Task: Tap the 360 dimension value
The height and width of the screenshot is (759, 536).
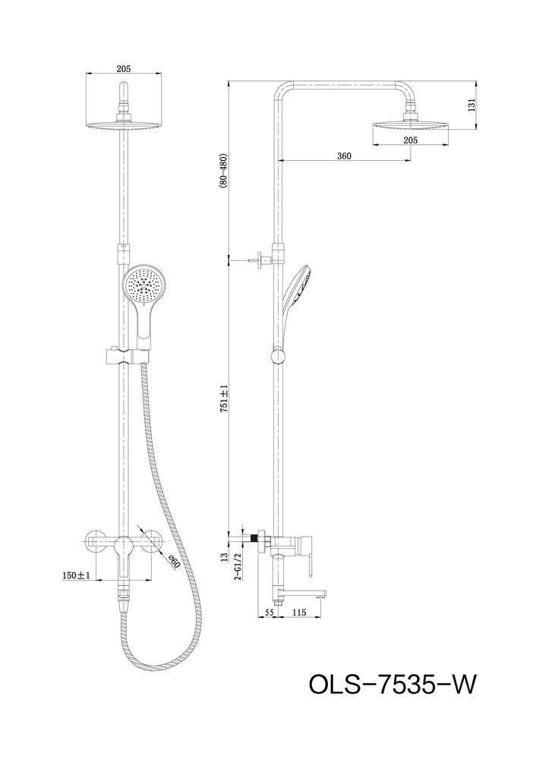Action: click(x=344, y=156)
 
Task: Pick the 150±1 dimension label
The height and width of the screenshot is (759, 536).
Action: click(x=77, y=576)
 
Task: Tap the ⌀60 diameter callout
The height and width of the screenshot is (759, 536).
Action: click(x=173, y=562)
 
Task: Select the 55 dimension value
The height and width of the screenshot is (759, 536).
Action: click(x=270, y=611)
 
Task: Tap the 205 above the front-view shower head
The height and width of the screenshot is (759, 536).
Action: click(x=125, y=68)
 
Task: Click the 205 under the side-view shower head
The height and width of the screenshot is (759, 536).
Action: click(x=411, y=140)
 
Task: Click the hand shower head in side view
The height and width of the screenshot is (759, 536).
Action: click(x=299, y=285)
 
